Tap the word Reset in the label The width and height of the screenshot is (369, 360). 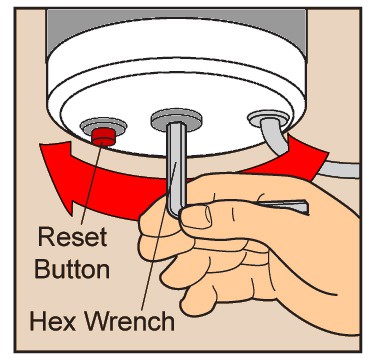tap(72, 237)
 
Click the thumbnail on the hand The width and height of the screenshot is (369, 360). tap(196, 217)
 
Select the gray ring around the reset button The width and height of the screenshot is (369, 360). tap(104, 125)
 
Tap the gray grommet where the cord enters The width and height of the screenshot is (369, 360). tap(268, 119)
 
